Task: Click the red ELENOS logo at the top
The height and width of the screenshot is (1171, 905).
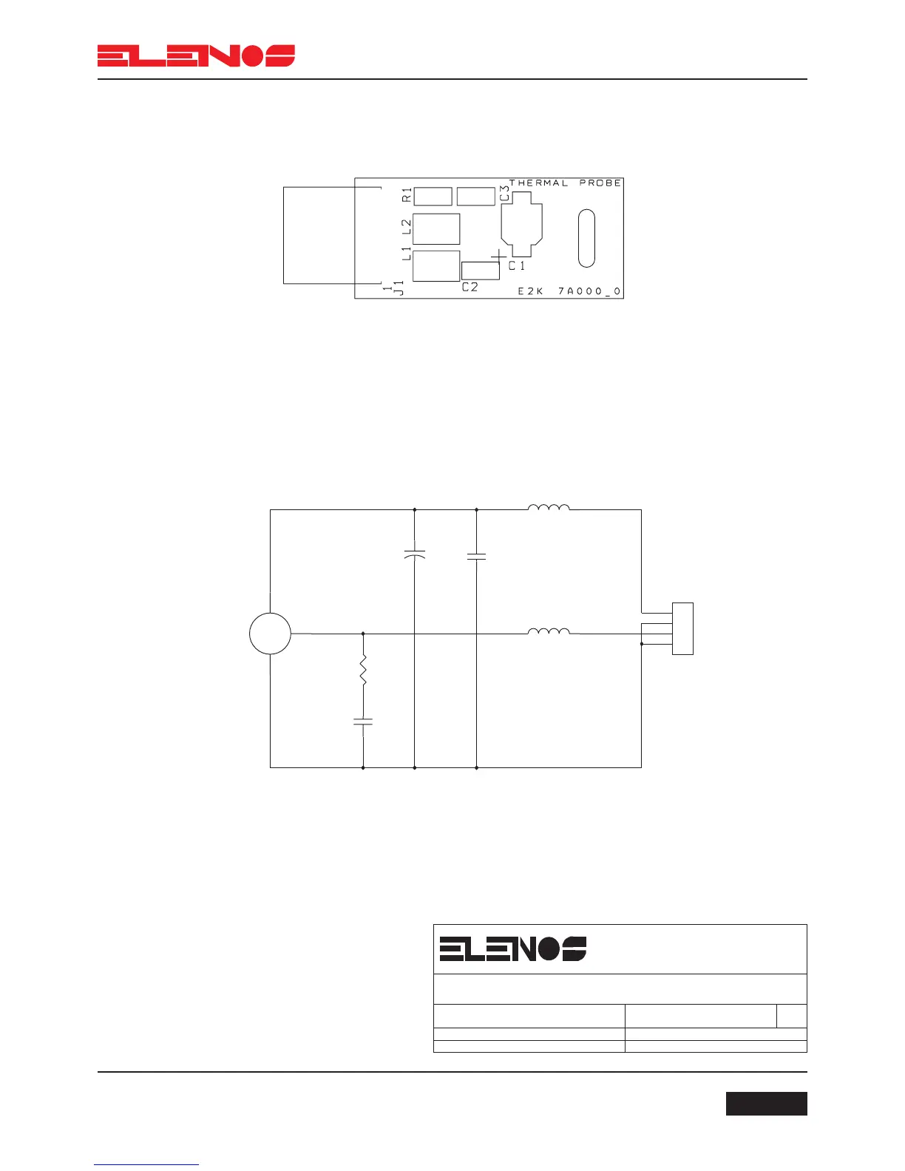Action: [196, 55]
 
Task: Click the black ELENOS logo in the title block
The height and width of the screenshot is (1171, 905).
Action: [512, 948]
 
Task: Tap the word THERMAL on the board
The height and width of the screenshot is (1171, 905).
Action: [538, 183]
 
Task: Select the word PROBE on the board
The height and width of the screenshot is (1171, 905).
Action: [600, 183]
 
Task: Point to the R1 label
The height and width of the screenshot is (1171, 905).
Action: [407, 194]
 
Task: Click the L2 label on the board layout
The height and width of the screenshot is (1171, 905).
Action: [407, 226]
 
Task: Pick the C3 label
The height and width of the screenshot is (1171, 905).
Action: [504, 193]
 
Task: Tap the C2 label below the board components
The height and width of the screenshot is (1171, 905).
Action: [470, 288]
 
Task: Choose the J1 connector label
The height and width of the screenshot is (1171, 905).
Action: [399, 288]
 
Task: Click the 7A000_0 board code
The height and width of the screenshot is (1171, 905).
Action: [589, 291]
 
